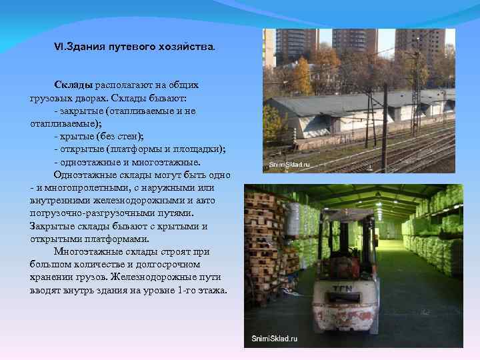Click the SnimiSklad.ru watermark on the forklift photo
[x=275, y=339]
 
